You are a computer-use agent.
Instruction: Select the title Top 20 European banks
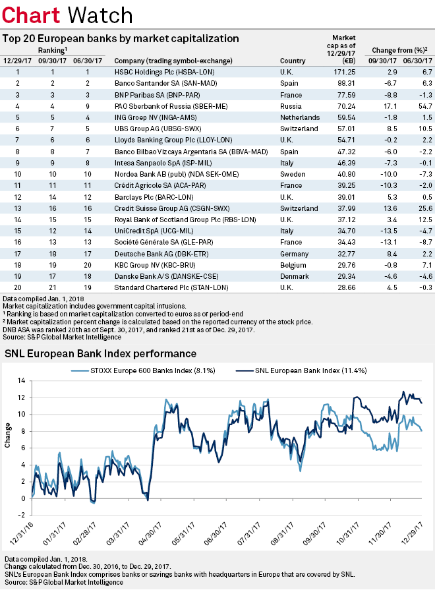point(121,39)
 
